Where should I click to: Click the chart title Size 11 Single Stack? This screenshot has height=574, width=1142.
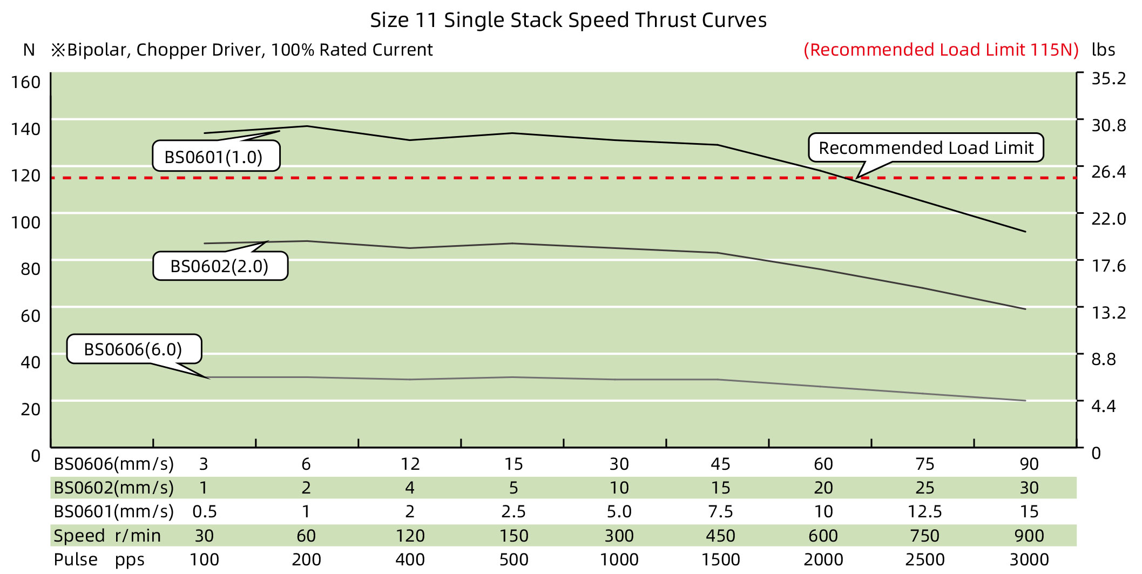(568, 21)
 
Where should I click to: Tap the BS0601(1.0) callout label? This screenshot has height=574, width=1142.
(214, 157)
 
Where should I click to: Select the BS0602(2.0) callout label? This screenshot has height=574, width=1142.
(219, 266)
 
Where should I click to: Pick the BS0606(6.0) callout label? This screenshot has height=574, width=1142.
(133, 349)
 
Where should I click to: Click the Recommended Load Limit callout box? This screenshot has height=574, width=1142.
(925, 148)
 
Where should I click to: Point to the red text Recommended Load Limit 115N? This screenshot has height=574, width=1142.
(941, 50)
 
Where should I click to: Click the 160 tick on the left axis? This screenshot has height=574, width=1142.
(26, 83)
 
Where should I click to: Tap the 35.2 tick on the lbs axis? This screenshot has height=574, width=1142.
(1108, 79)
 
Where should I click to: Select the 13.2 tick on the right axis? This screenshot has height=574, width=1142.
(1108, 313)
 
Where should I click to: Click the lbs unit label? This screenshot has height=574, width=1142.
(1103, 50)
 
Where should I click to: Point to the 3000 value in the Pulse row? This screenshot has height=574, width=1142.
(1029, 559)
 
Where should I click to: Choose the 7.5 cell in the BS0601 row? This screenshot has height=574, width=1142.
(720, 511)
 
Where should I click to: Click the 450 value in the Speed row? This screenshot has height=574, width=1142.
(720, 536)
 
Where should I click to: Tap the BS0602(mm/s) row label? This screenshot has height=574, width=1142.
(113, 488)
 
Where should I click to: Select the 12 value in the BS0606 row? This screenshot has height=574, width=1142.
(410, 464)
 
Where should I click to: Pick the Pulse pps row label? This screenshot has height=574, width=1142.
(99, 559)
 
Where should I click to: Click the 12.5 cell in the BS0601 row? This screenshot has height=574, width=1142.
(924, 511)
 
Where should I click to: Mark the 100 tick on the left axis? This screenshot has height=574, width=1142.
(26, 222)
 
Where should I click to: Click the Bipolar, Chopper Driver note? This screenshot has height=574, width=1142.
(242, 50)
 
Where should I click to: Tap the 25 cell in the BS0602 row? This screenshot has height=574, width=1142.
(924, 488)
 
